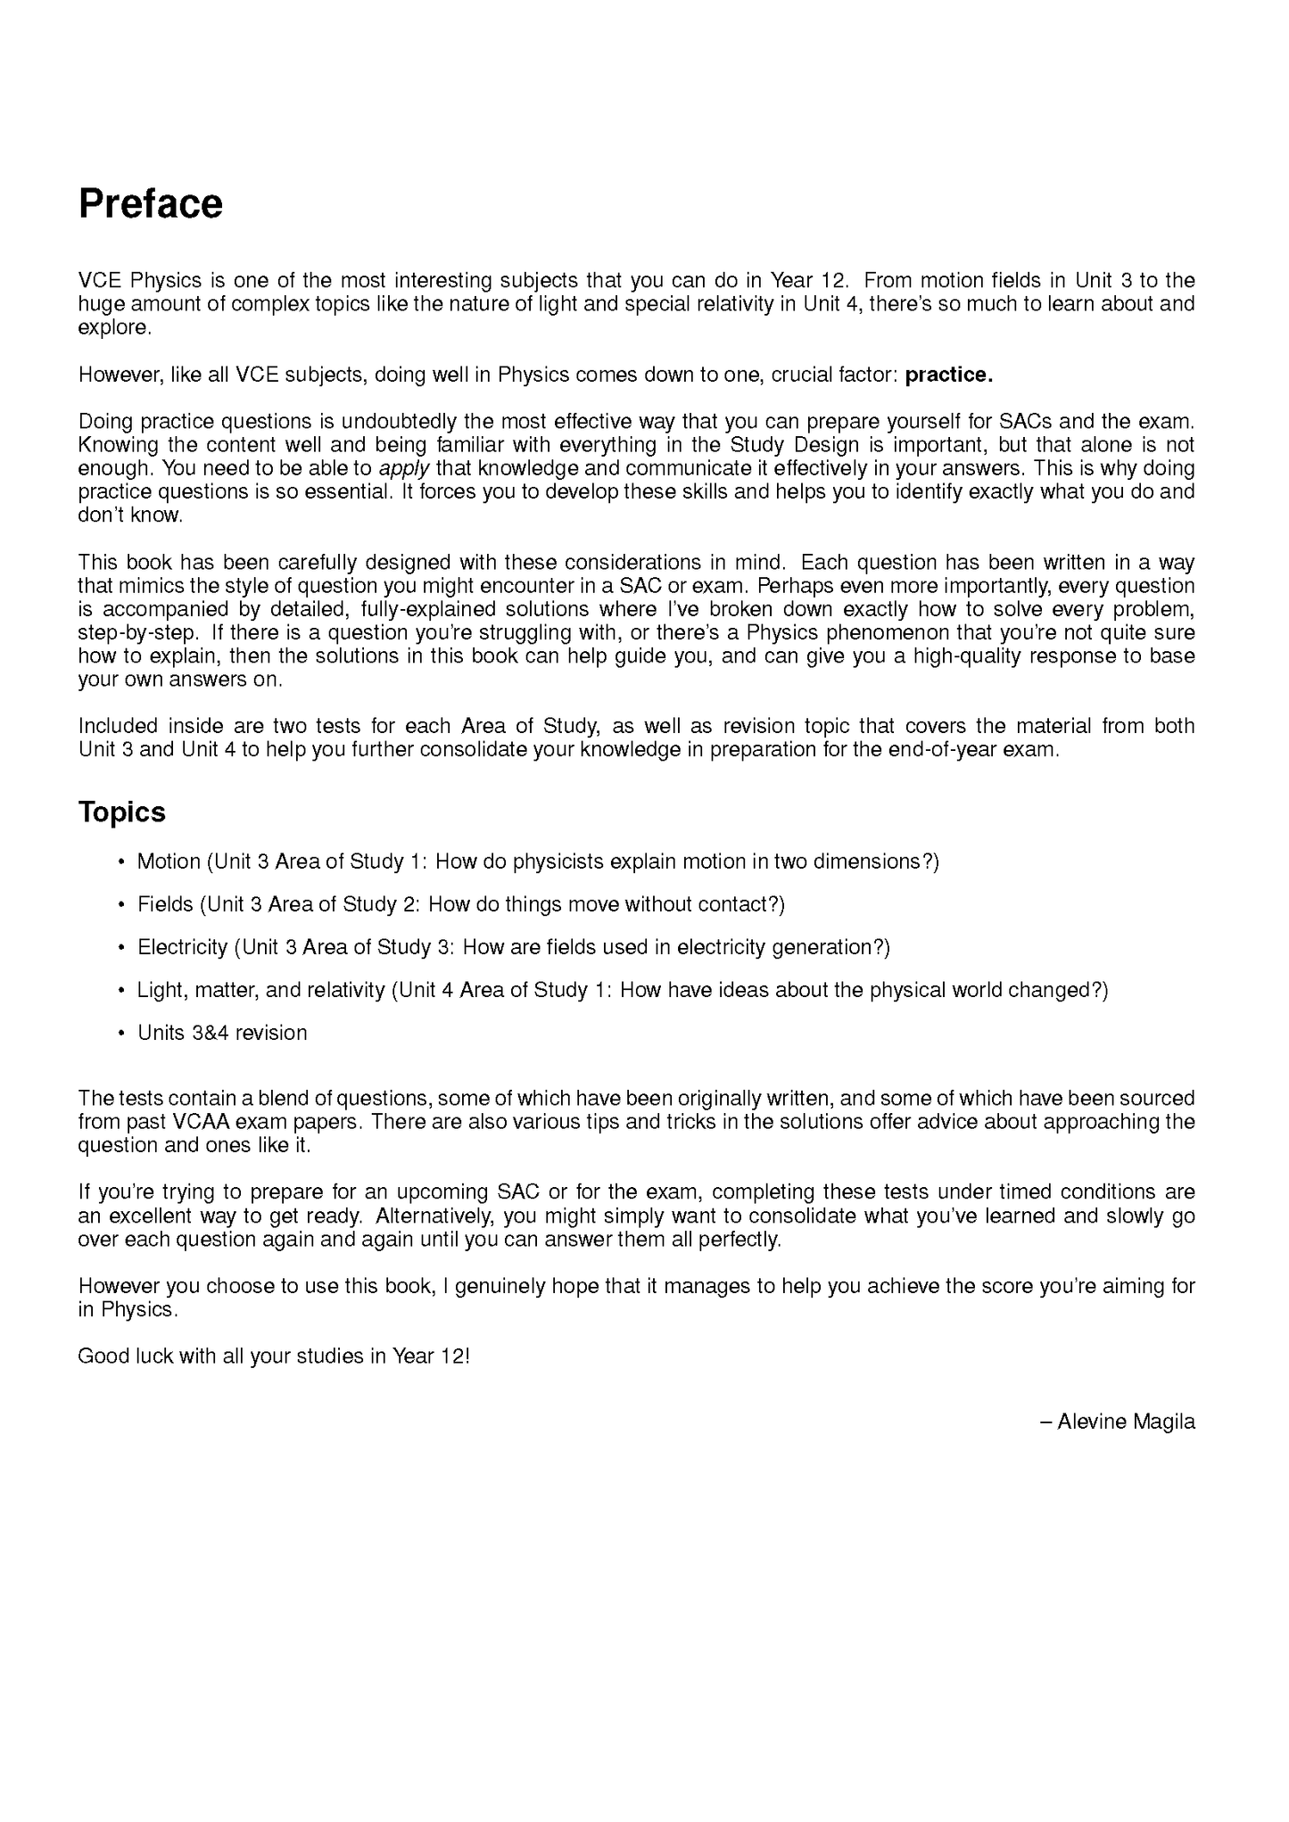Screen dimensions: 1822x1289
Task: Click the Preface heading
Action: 151,204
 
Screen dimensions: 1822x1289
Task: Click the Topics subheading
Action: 122,812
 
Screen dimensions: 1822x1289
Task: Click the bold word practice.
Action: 948,375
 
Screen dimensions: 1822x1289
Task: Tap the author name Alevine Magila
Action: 1125,1422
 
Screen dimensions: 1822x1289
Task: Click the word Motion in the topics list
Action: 169,862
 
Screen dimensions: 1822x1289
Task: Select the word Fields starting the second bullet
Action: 165,904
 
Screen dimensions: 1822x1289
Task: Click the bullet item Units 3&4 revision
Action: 222,1033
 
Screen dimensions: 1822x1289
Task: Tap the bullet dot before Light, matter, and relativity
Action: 120,991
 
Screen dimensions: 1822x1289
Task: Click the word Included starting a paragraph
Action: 118,726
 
